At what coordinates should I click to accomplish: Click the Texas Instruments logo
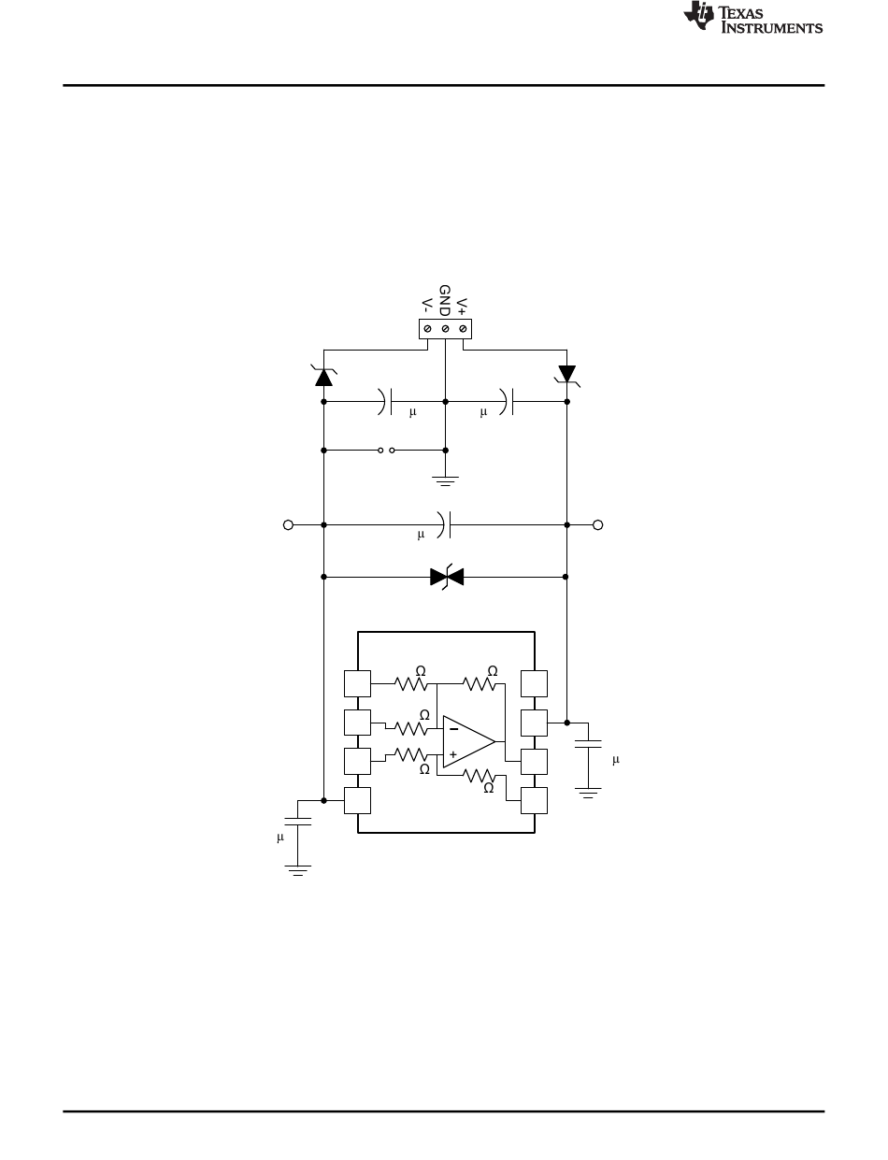(x=752, y=18)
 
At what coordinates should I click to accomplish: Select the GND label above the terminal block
(x=445, y=301)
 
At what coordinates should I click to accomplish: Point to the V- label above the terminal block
(x=427, y=306)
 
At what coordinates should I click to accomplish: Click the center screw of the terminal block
(x=445, y=329)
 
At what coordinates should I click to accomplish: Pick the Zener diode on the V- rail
(x=324, y=376)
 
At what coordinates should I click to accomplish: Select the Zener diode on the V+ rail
(x=566, y=375)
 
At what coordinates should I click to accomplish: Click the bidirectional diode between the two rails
(x=447, y=577)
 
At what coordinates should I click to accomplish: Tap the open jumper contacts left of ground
(x=386, y=451)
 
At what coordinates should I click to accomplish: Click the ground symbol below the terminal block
(x=445, y=480)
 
